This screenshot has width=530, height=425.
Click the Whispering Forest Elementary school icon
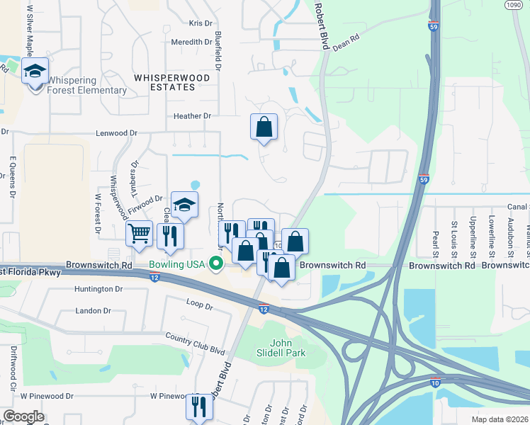35,71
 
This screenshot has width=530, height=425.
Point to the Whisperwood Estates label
163,81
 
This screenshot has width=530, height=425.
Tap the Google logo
23,416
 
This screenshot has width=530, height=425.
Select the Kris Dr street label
201,23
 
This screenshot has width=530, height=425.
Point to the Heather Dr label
192,116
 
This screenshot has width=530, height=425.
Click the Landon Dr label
93,311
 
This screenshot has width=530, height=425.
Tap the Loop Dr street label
199,307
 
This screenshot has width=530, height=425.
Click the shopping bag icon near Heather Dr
264,127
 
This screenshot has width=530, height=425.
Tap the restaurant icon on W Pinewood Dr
196,406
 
